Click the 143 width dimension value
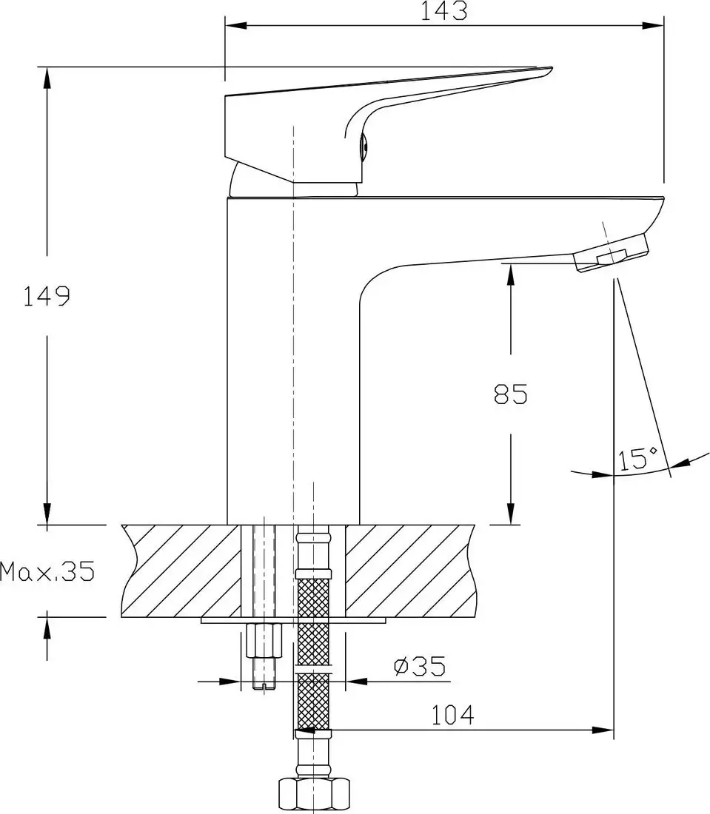coord(446,11)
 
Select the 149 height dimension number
coord(46,296)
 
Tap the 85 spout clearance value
coord(511,394)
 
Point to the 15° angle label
coord(638,459)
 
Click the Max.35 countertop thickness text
coord(47,571)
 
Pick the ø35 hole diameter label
coord(420,667)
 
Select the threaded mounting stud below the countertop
coord(264,655)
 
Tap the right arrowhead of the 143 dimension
coord(655,27)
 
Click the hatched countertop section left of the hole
coord(181,570)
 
